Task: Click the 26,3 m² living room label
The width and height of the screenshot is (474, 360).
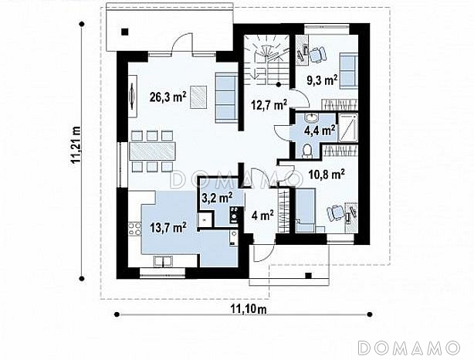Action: (x=168, y=97)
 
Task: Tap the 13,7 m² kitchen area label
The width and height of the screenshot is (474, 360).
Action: (x=168, y=227)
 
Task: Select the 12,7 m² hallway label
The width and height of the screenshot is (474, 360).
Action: (x=269, y=105)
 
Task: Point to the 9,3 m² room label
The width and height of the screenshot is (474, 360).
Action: (x=322, y=80)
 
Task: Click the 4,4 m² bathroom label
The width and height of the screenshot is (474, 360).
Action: (x=320, y=131)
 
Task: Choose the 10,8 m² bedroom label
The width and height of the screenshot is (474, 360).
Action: (x=327, y=175)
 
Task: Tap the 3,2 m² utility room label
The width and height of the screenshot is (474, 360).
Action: (x=217, y=198)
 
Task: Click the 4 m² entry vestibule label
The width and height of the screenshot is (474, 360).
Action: (x=262, y=216)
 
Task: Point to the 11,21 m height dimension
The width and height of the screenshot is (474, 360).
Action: (x=76, y=145)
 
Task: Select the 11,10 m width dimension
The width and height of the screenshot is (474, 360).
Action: (x=249, y=309)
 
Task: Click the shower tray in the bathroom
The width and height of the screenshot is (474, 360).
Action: (x=347, y=127)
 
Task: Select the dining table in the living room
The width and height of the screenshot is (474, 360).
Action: (x=152, y=151)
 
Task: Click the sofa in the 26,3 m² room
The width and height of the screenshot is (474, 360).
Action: (x=226, y=97)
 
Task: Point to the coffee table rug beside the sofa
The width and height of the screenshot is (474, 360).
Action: (x=198, y=97)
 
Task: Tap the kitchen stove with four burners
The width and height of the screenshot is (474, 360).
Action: (x=134, y=229)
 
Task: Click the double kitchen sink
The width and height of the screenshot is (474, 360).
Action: (x=163, y=262)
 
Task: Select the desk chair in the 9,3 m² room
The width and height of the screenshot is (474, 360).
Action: (x=318, y=55)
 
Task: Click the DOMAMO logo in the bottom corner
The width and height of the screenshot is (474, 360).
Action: (x=409, y=348)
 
